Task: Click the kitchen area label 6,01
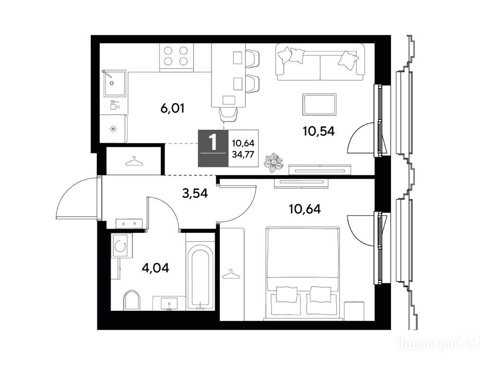(x=172, y=109)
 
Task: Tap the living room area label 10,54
(x=319, y=131)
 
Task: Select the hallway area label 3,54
(x=195, y=193)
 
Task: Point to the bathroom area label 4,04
(x=155, y=268)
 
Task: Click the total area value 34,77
(x=243, y=154)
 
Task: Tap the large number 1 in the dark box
(x=213, y=143)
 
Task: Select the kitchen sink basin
(x=114, y=83)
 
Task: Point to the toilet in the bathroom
(x=131, y=300)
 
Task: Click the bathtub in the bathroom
(x=200, y=277)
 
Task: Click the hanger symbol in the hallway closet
(x=133, y=162)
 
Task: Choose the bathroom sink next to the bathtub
(x=169, y=303)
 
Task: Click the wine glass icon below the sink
(x=115, y=105)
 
